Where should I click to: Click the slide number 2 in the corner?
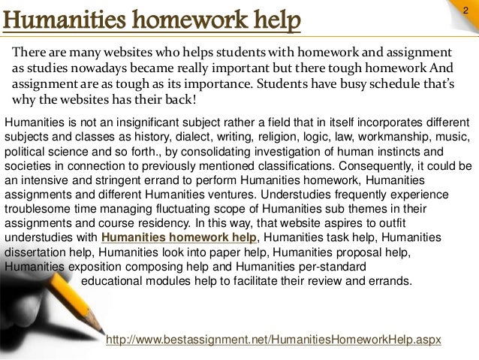click(465, 8)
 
